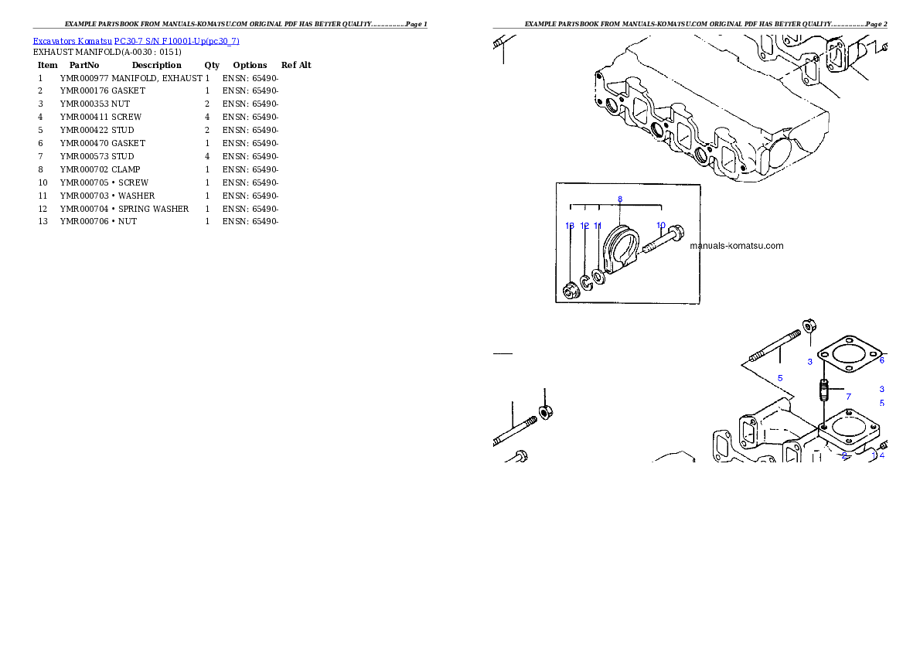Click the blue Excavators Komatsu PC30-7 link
(x=136, y=41)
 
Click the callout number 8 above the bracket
(x=620, y=199)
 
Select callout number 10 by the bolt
(x=661, y=226)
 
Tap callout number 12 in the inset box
(x=584, y=226)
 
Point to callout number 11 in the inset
(x=598, y=226)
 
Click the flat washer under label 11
(x=599, y=276)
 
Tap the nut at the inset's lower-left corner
(x=570, y=291)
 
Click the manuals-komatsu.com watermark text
(x=736, y=247)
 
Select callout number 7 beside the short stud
(x=848, y=397)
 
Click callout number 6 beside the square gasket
(x=881, y=360)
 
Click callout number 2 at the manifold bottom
(x=843, y=456)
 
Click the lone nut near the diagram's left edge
(x=544, y=412)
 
